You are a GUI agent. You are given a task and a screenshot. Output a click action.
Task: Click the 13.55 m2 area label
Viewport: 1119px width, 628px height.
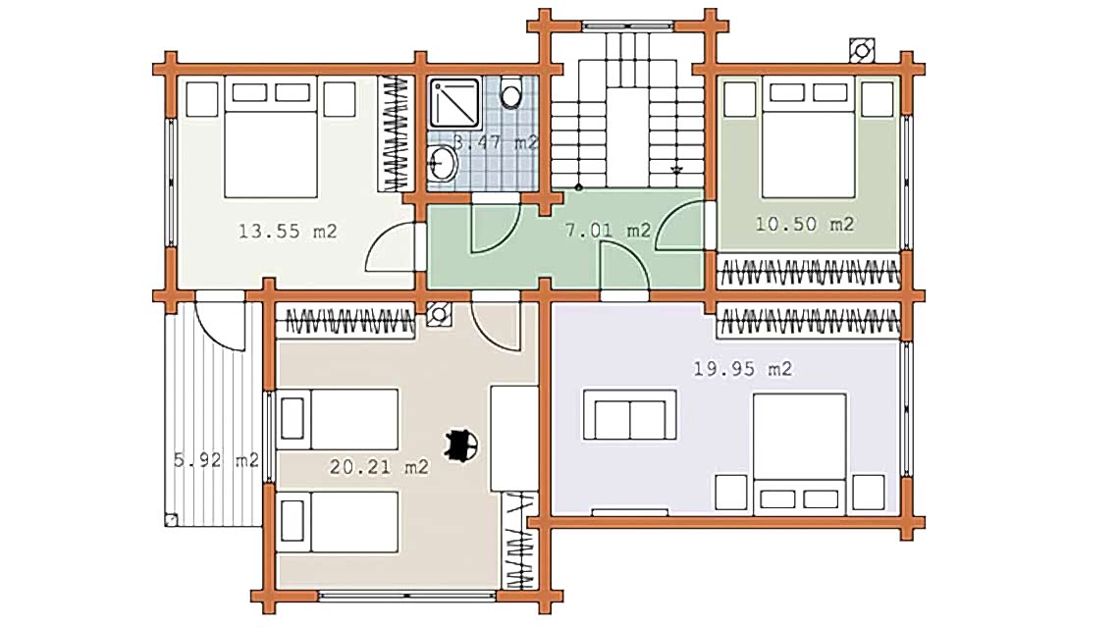(x=287, y=232)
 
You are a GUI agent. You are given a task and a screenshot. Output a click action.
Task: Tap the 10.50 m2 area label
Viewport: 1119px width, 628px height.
(x=804, y=224)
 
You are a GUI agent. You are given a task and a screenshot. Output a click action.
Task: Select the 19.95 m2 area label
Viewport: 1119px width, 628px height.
(x=743, y=369)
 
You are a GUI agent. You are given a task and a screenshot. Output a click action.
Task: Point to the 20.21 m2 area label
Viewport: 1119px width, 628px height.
(x=379, y=467)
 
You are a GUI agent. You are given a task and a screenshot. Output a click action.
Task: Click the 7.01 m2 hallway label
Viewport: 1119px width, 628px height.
(x=608, y=231)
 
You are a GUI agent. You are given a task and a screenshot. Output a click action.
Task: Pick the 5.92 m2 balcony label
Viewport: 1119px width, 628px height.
(x=216, y=460)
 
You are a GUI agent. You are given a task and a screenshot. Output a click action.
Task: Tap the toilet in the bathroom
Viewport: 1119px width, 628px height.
(x=511, y=92)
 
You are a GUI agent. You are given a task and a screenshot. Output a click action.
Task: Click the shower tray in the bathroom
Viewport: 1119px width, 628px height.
(x=453, y=103)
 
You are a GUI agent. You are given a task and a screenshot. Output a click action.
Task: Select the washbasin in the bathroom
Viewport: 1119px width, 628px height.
(x=443, y=164)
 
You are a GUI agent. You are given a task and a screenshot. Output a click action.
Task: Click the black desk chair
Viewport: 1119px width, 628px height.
(x=461, y=446)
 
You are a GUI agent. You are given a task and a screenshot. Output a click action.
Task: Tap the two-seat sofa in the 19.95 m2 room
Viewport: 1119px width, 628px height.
(x=629, y=415)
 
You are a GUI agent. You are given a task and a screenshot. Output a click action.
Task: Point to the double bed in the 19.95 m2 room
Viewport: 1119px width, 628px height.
(x=799, y=454)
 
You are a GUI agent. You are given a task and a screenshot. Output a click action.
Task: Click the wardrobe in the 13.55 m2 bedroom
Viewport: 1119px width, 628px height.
(x=396, y=134)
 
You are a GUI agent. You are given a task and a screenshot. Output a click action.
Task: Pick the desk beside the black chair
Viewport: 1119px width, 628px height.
(x=513, y=439)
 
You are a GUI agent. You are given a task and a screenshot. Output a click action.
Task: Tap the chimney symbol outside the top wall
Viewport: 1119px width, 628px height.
(x=862, y=51)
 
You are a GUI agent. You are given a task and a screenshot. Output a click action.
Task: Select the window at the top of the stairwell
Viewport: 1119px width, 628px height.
(x=627, y=26)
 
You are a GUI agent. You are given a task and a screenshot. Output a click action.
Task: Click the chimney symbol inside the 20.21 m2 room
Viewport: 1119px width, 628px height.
(x=439, y=315)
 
